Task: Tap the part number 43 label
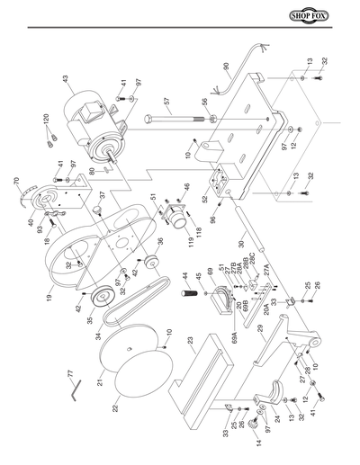pyautogui.click(x=66, y=80)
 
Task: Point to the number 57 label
pyautogui.click(x=167, y=102)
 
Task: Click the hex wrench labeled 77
pyautogui.click(x=78, y=388)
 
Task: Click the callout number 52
pyautogui.click(x=204, y=199)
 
